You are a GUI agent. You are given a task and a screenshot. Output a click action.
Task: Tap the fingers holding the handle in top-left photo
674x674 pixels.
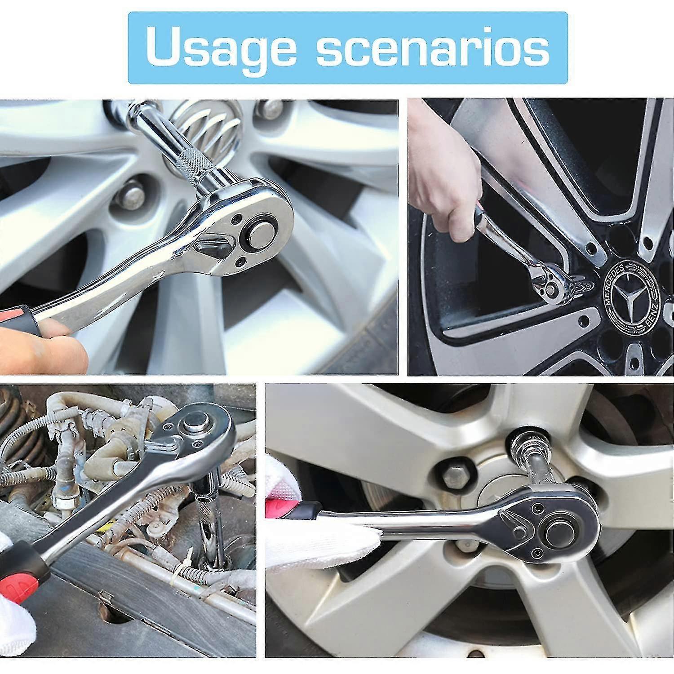click(x=40, y=346)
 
